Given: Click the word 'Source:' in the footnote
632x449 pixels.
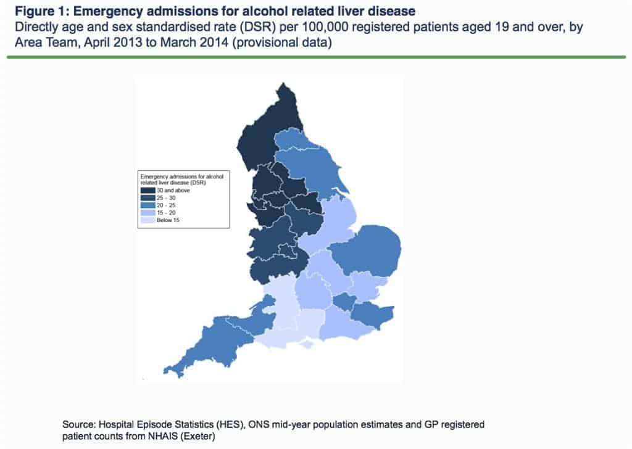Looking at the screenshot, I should [x=79, y=425].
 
